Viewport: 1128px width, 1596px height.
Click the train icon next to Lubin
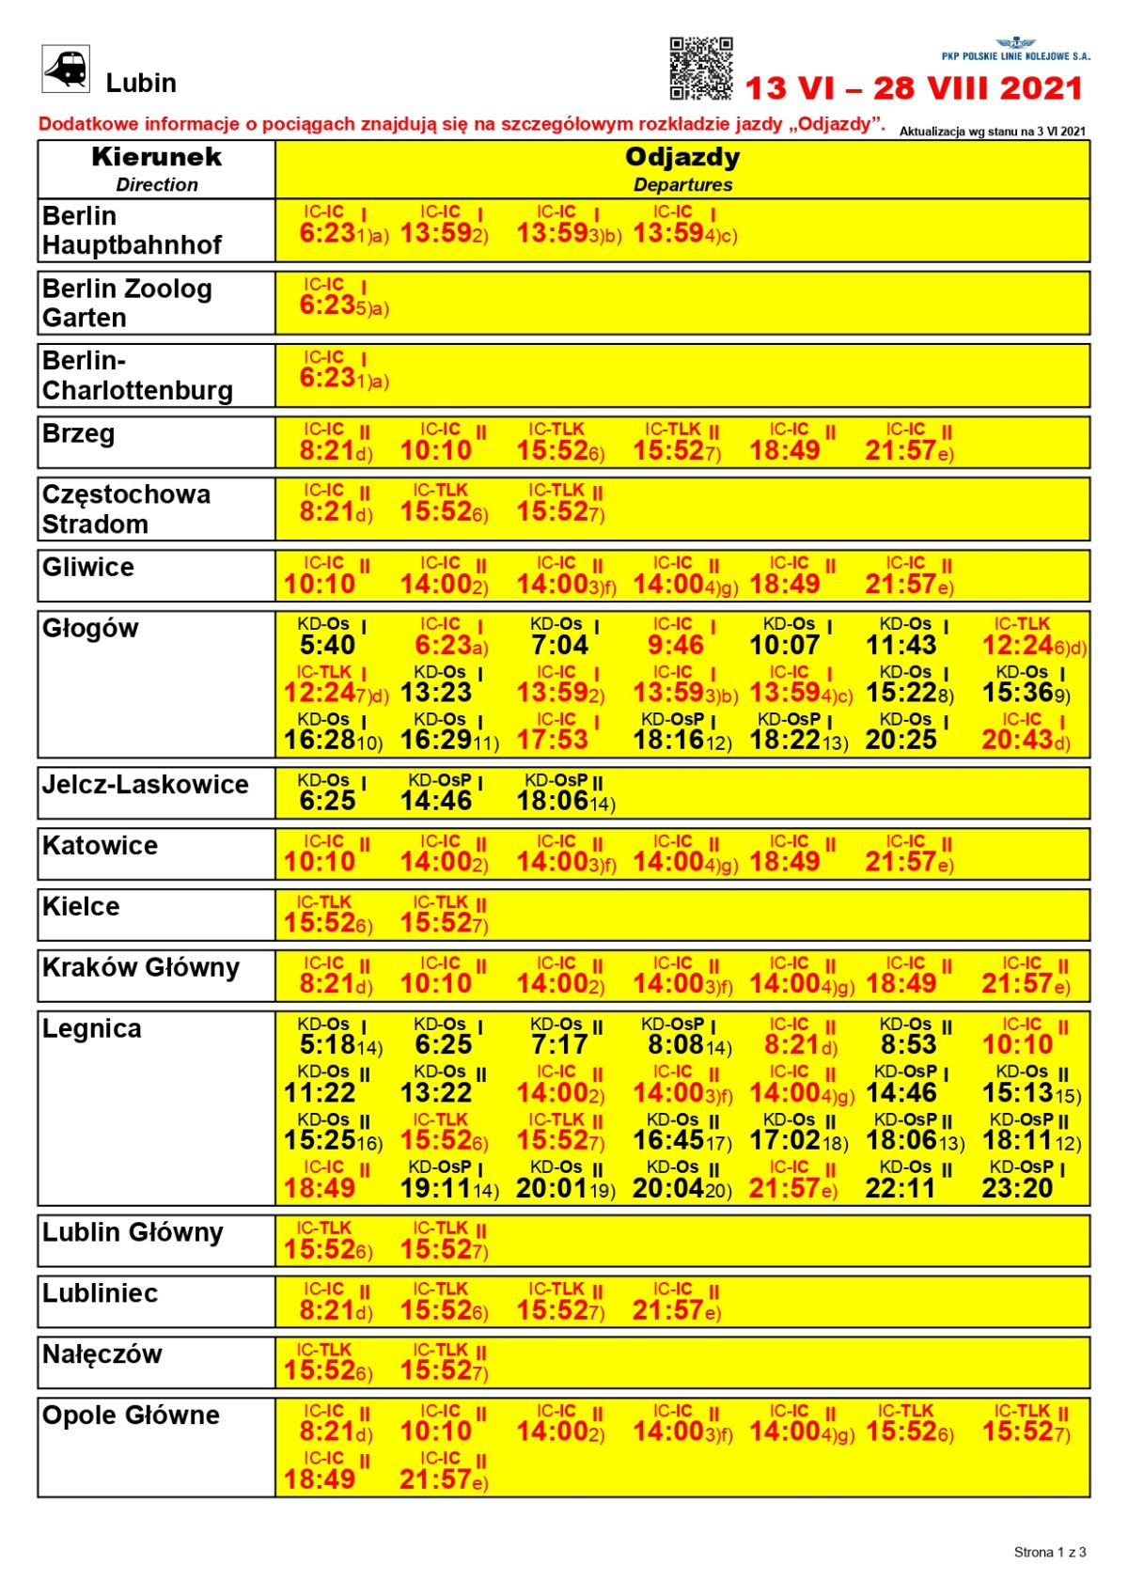tap(66, 70)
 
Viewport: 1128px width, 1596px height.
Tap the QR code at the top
tap(700, 69)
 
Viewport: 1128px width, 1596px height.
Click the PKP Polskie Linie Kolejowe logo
tap(1016, 50)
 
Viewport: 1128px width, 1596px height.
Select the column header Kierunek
tap(156, 157)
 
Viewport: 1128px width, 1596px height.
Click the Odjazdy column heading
tap(682, 157)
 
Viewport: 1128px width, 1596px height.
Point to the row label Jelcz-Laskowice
tap(145, 785)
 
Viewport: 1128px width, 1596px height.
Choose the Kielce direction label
tap(81, 907)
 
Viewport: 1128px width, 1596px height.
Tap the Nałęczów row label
tap(102, 1354)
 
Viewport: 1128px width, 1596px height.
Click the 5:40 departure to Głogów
tap(327, 646)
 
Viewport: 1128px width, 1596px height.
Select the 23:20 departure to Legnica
tap(1017, 1188)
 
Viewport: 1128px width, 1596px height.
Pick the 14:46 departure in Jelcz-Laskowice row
tap(436, 801)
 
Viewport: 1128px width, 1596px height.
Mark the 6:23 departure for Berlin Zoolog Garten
tap(327, 305)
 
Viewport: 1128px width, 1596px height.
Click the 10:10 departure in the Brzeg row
tap(436, 451)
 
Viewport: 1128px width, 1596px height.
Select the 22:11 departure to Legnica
tap(901, 1188)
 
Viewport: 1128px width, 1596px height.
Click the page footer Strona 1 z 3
tap(1049, 1552)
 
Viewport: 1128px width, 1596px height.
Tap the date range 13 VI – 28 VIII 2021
tap(914, 89)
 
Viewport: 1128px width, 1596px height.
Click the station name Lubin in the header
tap(141, 84)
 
